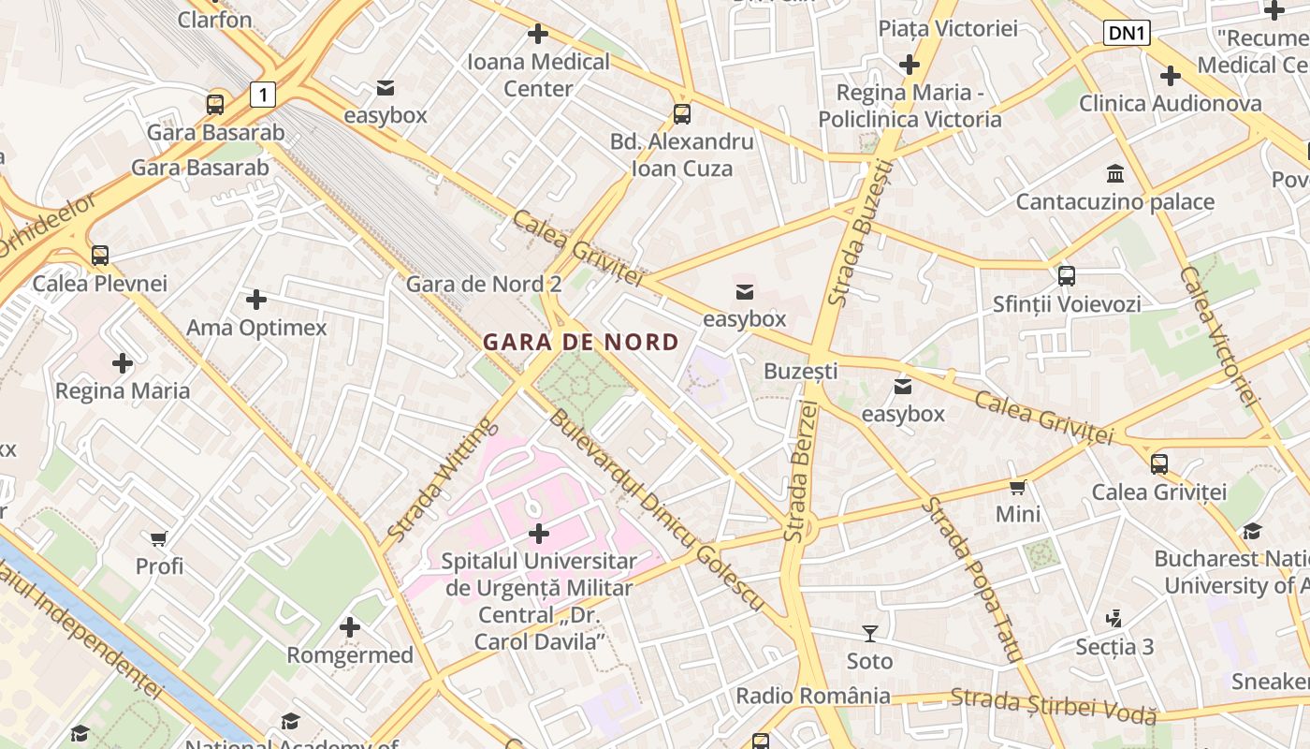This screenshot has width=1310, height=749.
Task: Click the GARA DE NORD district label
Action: (x=581, y=342)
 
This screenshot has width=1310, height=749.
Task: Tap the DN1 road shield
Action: (x=1127, y=34)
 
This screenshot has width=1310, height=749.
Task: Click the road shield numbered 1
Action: (x=264, y=94)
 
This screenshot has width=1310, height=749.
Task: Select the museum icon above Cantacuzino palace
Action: (x=1115, y=174)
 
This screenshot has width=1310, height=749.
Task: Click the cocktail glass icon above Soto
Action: (x=870, y=634)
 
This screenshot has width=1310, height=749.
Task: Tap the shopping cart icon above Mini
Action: (x=1018, y=487)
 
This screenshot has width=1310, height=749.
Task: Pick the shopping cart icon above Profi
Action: (x=159, y=538)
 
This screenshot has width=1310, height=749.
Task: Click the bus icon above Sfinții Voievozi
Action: (x=1067, y=276)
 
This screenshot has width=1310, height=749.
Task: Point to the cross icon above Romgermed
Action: (x=350, y=627)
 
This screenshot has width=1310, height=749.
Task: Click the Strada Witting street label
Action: (x=442, y=480)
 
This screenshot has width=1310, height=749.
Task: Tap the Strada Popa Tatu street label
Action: (x=972, y=580)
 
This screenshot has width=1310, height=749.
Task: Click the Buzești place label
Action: (x=801, y=371)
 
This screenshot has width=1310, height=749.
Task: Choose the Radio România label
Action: (x=813, y=696)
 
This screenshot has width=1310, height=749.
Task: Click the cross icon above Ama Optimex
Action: (x=256, y=300)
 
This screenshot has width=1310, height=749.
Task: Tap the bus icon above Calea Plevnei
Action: (x=100, y=255)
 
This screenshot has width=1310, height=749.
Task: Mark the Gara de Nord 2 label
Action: (x=484, y=284)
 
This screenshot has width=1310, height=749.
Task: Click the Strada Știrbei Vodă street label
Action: (x=1054, y=706)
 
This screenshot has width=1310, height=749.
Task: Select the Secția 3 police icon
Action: (x=1113, y=618)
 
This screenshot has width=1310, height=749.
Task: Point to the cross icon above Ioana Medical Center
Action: (x=538, y=35)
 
